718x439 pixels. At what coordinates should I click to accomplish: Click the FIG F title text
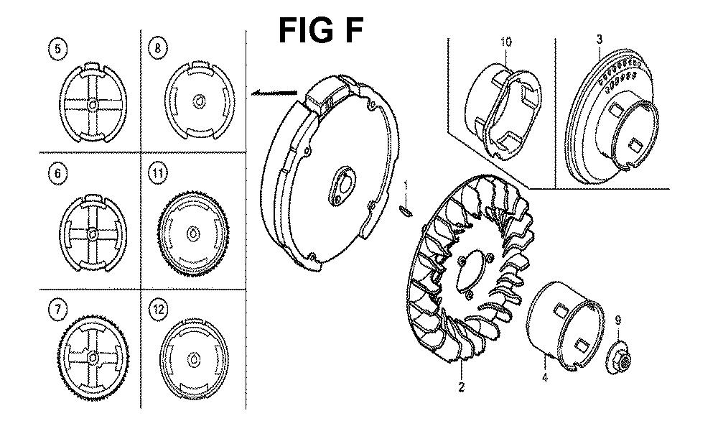tap(320, 30)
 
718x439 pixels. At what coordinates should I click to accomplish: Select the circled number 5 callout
tap(57, 49)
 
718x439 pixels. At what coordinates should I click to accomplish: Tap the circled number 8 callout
tap(158, 49)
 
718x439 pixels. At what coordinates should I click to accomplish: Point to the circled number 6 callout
tap(57, 174)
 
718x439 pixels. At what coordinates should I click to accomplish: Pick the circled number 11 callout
tap(158, 174)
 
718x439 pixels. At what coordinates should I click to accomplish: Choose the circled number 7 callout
tap(57, 310)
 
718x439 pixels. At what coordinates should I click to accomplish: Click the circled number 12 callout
tap(159, 310)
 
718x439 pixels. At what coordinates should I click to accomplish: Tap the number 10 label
tap(505, 42)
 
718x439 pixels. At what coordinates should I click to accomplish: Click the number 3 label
tap(600, 40)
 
